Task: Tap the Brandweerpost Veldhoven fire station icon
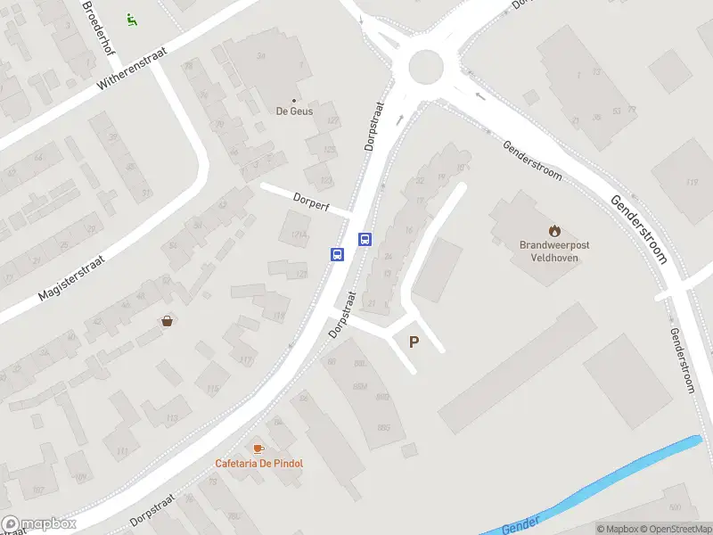point(554,231)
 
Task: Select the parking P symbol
point(414,342)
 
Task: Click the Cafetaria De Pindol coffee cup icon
point(258,449)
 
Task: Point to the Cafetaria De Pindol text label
point(258,464)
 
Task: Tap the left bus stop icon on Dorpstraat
point(338,254)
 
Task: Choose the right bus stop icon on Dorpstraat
point(365,238)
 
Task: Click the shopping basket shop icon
point(167,321)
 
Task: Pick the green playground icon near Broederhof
point(131,19)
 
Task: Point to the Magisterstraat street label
point(71,276)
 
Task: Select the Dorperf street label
point(311,202)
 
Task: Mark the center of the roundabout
point(425,65)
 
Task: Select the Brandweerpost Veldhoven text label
point(554,251)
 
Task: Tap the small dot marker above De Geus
point(295,101)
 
